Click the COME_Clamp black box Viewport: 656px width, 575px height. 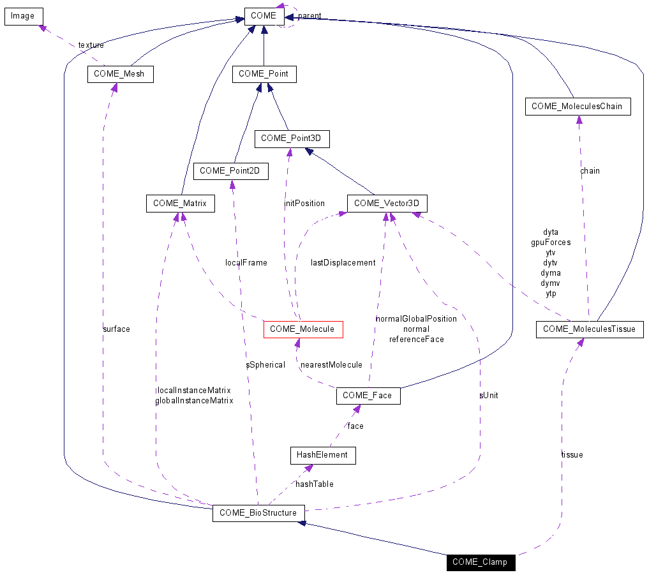[480, 562]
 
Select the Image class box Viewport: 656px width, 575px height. [23, 16]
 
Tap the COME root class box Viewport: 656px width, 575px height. [264, 16]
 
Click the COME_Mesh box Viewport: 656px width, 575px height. [119, 74]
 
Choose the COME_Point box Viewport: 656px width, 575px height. [264, 74]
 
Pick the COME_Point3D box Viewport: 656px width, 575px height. [292, 138]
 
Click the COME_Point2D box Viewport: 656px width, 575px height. [230, 171]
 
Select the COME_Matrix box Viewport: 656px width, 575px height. [180, 204]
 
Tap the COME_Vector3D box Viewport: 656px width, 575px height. [387, 204]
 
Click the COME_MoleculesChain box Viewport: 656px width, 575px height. [577, 107]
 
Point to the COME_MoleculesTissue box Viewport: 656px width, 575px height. [590, 329]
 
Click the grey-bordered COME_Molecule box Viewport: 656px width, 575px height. [302, 329]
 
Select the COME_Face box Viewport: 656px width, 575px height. [368, 396]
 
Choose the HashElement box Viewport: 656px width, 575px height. [322, 455]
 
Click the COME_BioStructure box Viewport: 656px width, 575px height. [258, 513]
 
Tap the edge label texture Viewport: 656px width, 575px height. [91, 45]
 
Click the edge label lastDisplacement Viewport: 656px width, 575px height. [343, 263]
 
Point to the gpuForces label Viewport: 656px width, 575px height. [551, 243]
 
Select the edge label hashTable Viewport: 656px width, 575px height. [314, 484]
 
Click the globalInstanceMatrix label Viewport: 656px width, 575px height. [194, 401]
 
